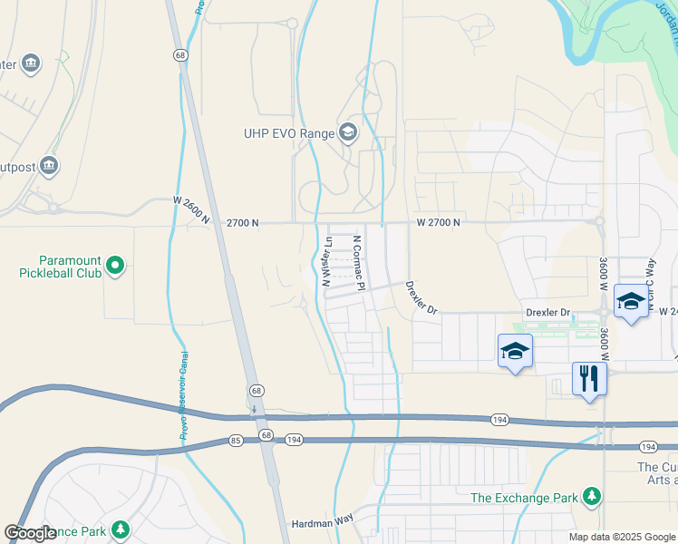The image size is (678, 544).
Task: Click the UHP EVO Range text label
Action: click(287, 134)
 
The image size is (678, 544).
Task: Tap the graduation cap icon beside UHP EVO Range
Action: click(347, 133)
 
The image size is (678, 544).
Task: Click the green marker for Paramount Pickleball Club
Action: click(114, 266)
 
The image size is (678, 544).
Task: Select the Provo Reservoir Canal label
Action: click(183, 395)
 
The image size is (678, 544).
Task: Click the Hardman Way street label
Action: click(320, 524)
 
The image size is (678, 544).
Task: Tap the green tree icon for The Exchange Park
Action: click(592, 496)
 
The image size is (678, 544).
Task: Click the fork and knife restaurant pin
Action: click(589, 379)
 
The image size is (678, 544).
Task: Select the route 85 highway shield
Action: click(236, 441)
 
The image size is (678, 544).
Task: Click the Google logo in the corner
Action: click(30, 533)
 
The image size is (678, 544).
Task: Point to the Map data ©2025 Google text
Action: click(622, 537)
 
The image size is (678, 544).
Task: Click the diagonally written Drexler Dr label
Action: click(421, 297)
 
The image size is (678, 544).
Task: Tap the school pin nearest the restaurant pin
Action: click(515, 352)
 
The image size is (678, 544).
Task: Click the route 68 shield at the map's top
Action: click(180, 55)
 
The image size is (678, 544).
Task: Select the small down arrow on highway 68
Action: click(255, 408)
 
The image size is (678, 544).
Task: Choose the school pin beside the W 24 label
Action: click(631, 301)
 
